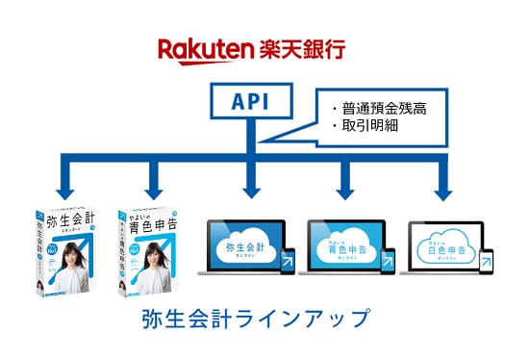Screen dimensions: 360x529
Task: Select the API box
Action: (x=247, y=101)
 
